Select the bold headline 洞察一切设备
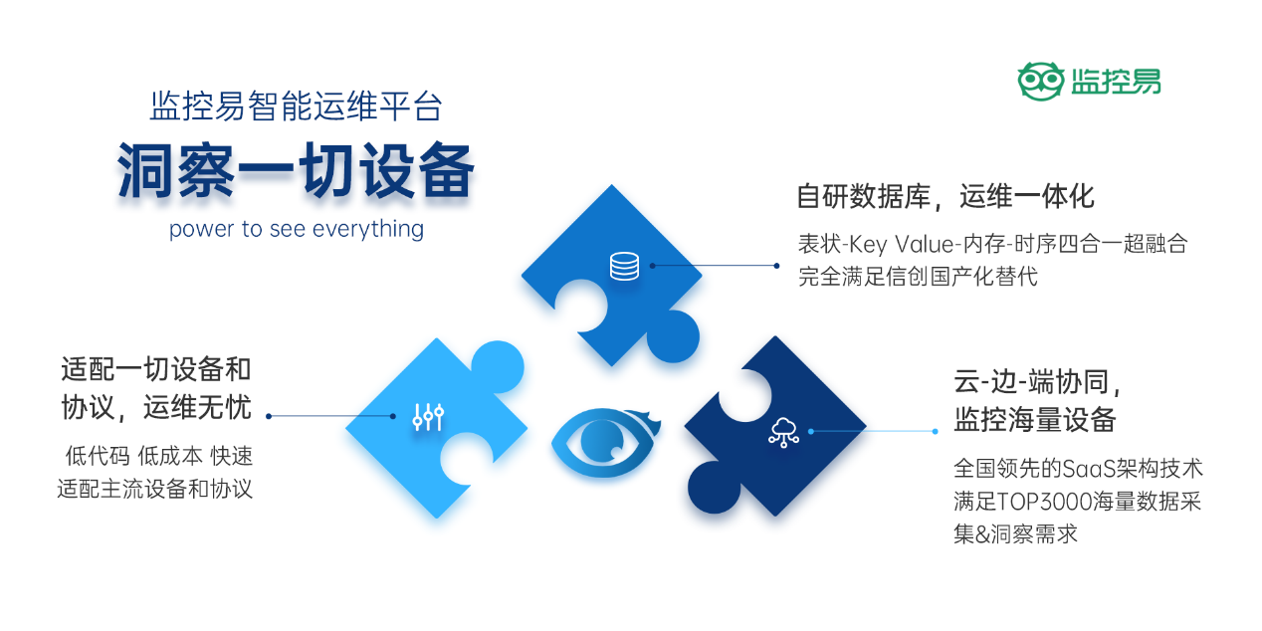coord(296,170)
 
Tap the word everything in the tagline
coord(368,229)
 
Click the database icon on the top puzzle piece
coord(624,266)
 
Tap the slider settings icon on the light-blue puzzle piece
coord(428,417)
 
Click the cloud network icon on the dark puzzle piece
coord(784,431)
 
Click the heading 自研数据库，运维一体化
coord(946,196)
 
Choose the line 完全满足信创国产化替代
coord(918,276)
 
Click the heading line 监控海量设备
coord(1035,419)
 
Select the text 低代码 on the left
coord(98,457)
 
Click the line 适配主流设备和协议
coord(155,489)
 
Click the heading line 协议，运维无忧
coord(155,406)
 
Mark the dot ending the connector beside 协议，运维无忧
coord(269,416)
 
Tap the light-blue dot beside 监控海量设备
coord(935,431)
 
